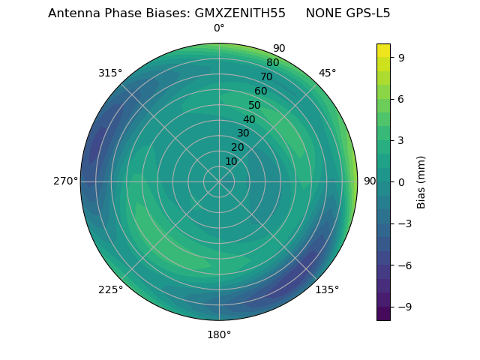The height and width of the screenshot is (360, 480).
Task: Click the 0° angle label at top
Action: pyautogui.click(x=219, y=28)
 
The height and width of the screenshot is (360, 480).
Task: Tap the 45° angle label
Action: pyautogui.click(x=328, y=73)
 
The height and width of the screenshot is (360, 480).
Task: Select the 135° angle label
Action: pyautogui.click(x=327, y=289)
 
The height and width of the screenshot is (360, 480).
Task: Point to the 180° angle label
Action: pyautogui.click(x=219, y=334)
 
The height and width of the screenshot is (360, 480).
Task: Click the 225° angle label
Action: pyautogui.click(x=110, y=290)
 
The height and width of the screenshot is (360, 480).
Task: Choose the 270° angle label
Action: pyautogui.click(x=65, y=181)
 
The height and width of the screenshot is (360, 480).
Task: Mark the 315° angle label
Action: pyautogui.click(x=110, y=73)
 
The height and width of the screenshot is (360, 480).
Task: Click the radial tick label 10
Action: pyautogui.click(x=231, y=161)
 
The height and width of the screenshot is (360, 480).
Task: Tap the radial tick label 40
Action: pyautogui.click(x=249, y=119)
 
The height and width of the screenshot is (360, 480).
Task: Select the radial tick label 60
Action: pyautogui.click(x=261, y=91)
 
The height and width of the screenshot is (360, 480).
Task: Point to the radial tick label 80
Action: pyautogui.click(x=273, y=62)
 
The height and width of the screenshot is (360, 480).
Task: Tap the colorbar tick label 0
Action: pyautogui.click(x=402, y=182)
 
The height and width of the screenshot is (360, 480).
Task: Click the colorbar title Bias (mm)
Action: pyautogui.click(x=421, y=182)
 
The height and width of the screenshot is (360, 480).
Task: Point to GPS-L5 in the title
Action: pyautogui.click(x=367, y=13)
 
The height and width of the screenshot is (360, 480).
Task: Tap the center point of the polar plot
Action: pyautogui.click(x=219, y=181)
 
